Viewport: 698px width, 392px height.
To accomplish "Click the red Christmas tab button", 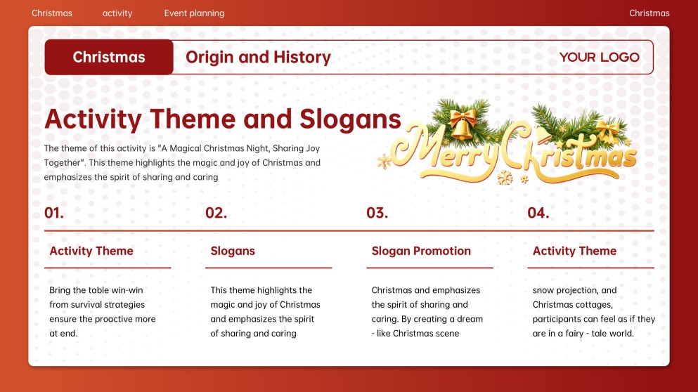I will pos(109,58).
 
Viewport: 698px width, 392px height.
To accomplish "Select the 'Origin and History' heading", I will pos(258,58).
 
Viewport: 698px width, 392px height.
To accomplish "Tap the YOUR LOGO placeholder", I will pos(599,58).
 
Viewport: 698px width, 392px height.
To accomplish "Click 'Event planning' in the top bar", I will pos(194,13).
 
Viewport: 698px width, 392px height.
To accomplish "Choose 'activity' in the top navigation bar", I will pos(117,13).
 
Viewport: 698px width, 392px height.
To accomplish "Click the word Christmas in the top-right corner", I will pos(649,13).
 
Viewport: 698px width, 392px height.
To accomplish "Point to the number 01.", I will pos(54,214).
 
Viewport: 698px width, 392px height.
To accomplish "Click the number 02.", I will pos(216,214).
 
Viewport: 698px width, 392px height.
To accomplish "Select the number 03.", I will pos(377,214).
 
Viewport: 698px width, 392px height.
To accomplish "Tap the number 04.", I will pos(538,214).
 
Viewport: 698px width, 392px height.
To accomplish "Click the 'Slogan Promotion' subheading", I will pos(421,251).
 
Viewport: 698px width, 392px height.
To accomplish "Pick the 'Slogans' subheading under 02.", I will pos(233,251).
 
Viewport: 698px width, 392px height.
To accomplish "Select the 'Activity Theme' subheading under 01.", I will pos(91,251).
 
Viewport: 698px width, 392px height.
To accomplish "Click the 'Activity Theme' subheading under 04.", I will pos(574,251).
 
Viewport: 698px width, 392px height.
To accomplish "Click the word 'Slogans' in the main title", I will pos(350,119).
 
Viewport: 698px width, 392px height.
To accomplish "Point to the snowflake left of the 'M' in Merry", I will pos(384,162).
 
